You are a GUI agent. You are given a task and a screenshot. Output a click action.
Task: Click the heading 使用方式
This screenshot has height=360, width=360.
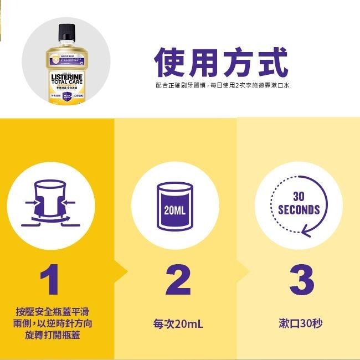click(221, 63)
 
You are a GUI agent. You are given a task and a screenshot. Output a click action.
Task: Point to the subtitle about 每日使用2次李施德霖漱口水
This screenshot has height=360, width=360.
click(223, 85)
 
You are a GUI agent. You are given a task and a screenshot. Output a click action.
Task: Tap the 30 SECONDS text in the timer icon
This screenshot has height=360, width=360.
click(299, 204)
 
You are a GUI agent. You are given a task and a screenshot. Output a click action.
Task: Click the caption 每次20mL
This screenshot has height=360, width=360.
click(178, 323)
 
